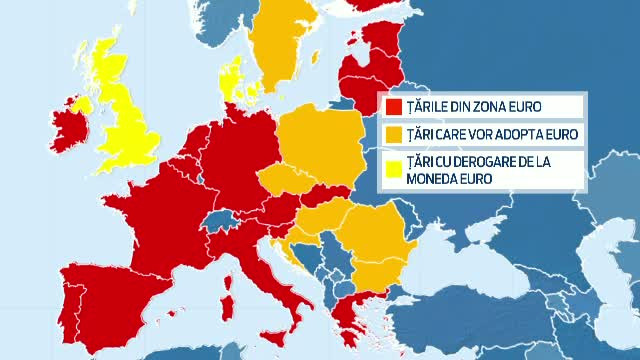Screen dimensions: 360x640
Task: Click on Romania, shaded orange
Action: [x=375, y=240]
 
